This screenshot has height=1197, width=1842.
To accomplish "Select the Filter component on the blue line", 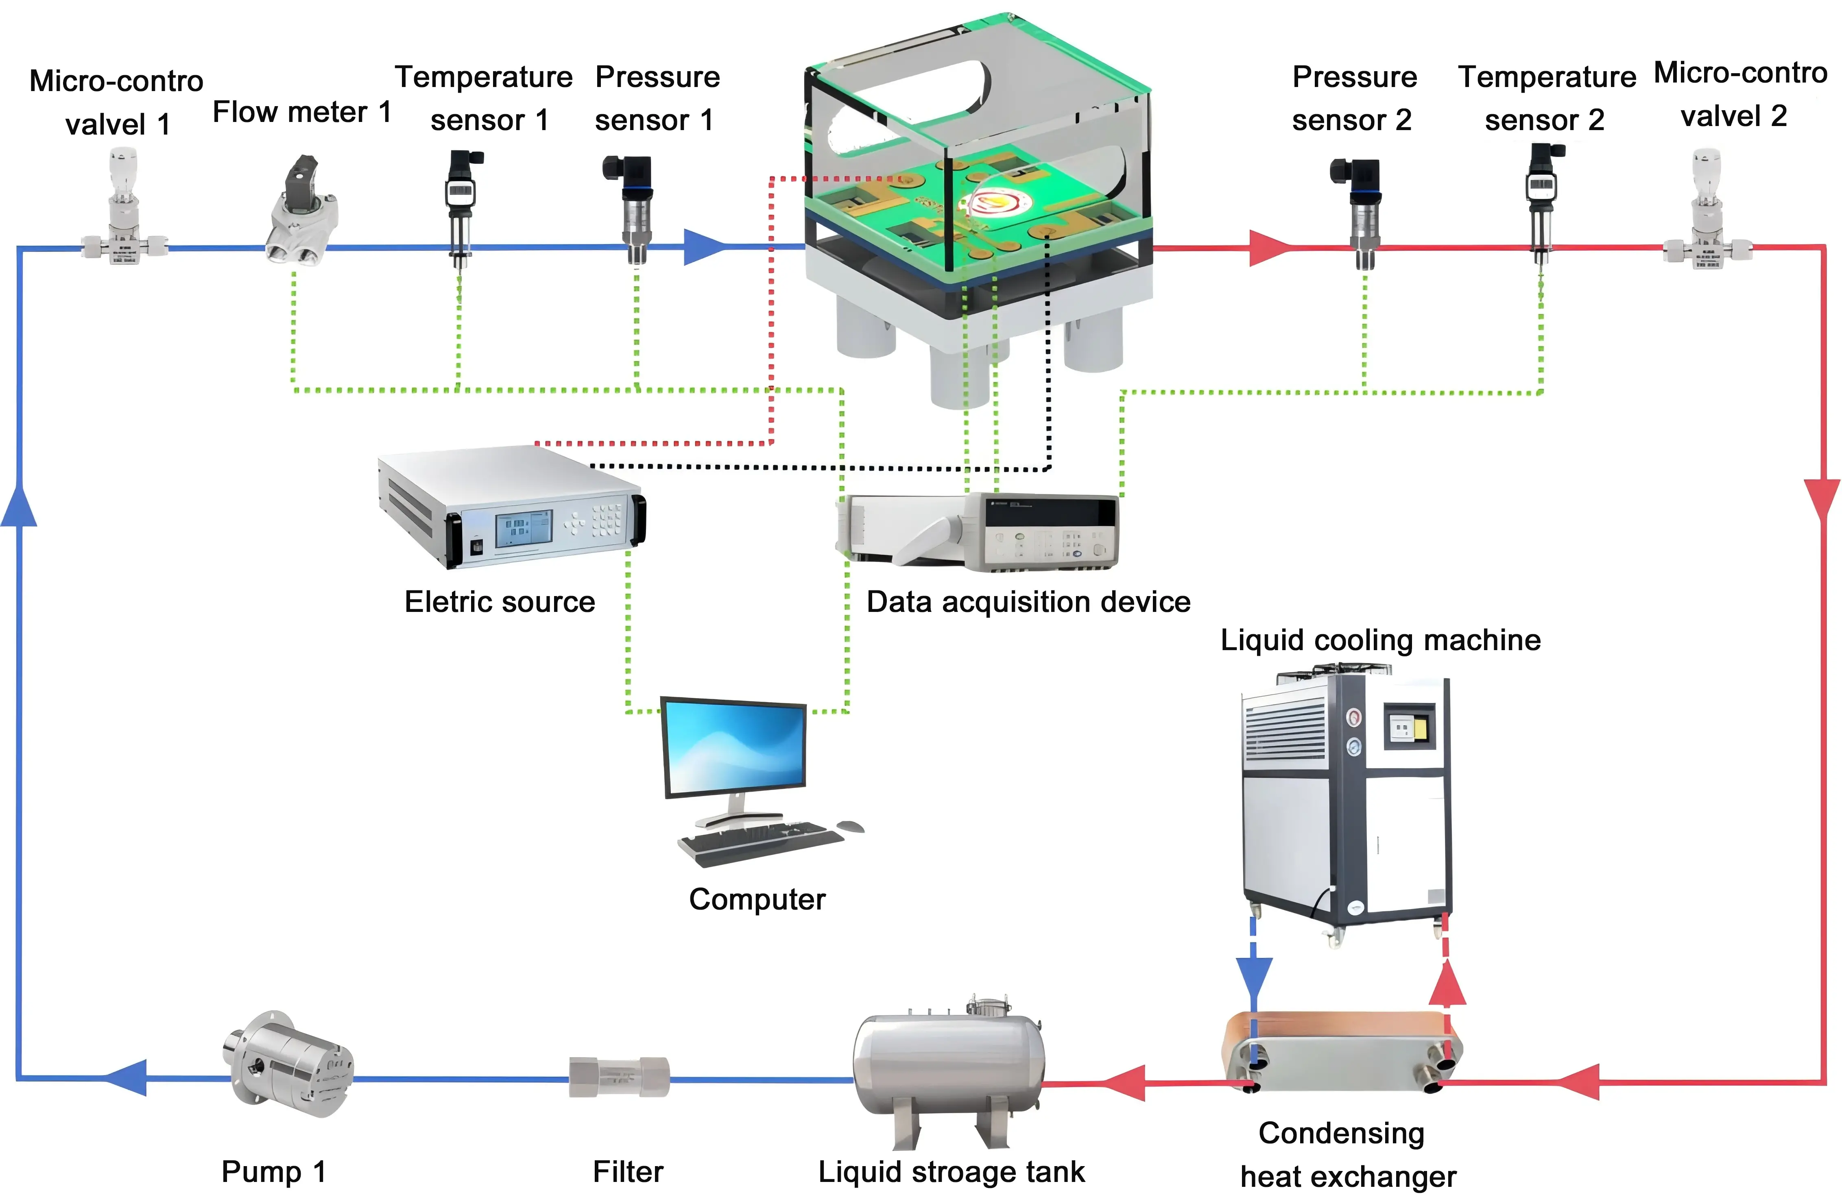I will point(619,1077).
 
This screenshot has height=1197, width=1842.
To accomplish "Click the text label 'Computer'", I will point(757,899).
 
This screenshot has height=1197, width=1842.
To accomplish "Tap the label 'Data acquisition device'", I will point(1028,602).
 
